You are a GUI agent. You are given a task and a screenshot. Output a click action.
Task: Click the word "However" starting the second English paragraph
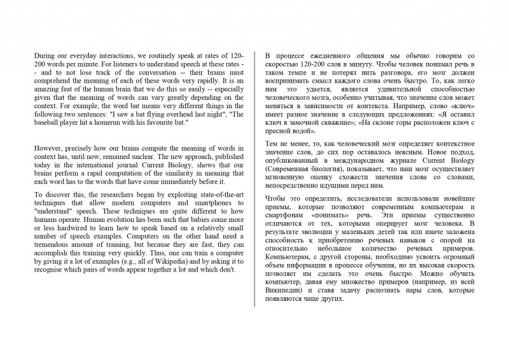pyautogui.click(x=47, y=148)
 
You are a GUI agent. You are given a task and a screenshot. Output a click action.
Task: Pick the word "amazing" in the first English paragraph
pyautogui.click(x=46, y=89)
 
